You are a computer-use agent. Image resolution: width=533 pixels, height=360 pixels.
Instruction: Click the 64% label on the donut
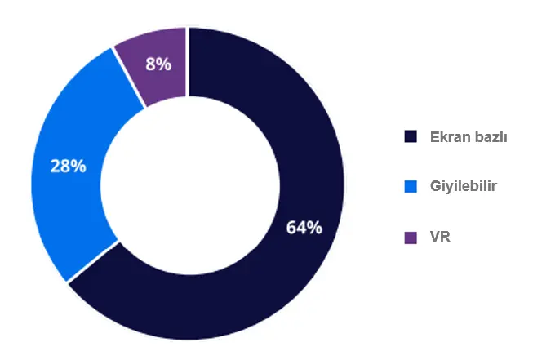304,228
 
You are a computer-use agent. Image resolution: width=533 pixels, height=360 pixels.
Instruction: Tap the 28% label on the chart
68,167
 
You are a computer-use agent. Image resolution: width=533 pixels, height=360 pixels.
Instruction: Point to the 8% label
158,64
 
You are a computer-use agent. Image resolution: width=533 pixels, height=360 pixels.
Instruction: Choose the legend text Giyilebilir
463,187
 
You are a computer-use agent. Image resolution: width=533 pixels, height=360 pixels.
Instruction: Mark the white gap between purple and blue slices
129,78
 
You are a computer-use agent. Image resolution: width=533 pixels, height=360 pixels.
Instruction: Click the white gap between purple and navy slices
188,57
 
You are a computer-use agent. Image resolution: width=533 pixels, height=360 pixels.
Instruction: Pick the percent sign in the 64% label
313,228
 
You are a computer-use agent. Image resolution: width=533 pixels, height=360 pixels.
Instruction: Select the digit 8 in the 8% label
151,64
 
